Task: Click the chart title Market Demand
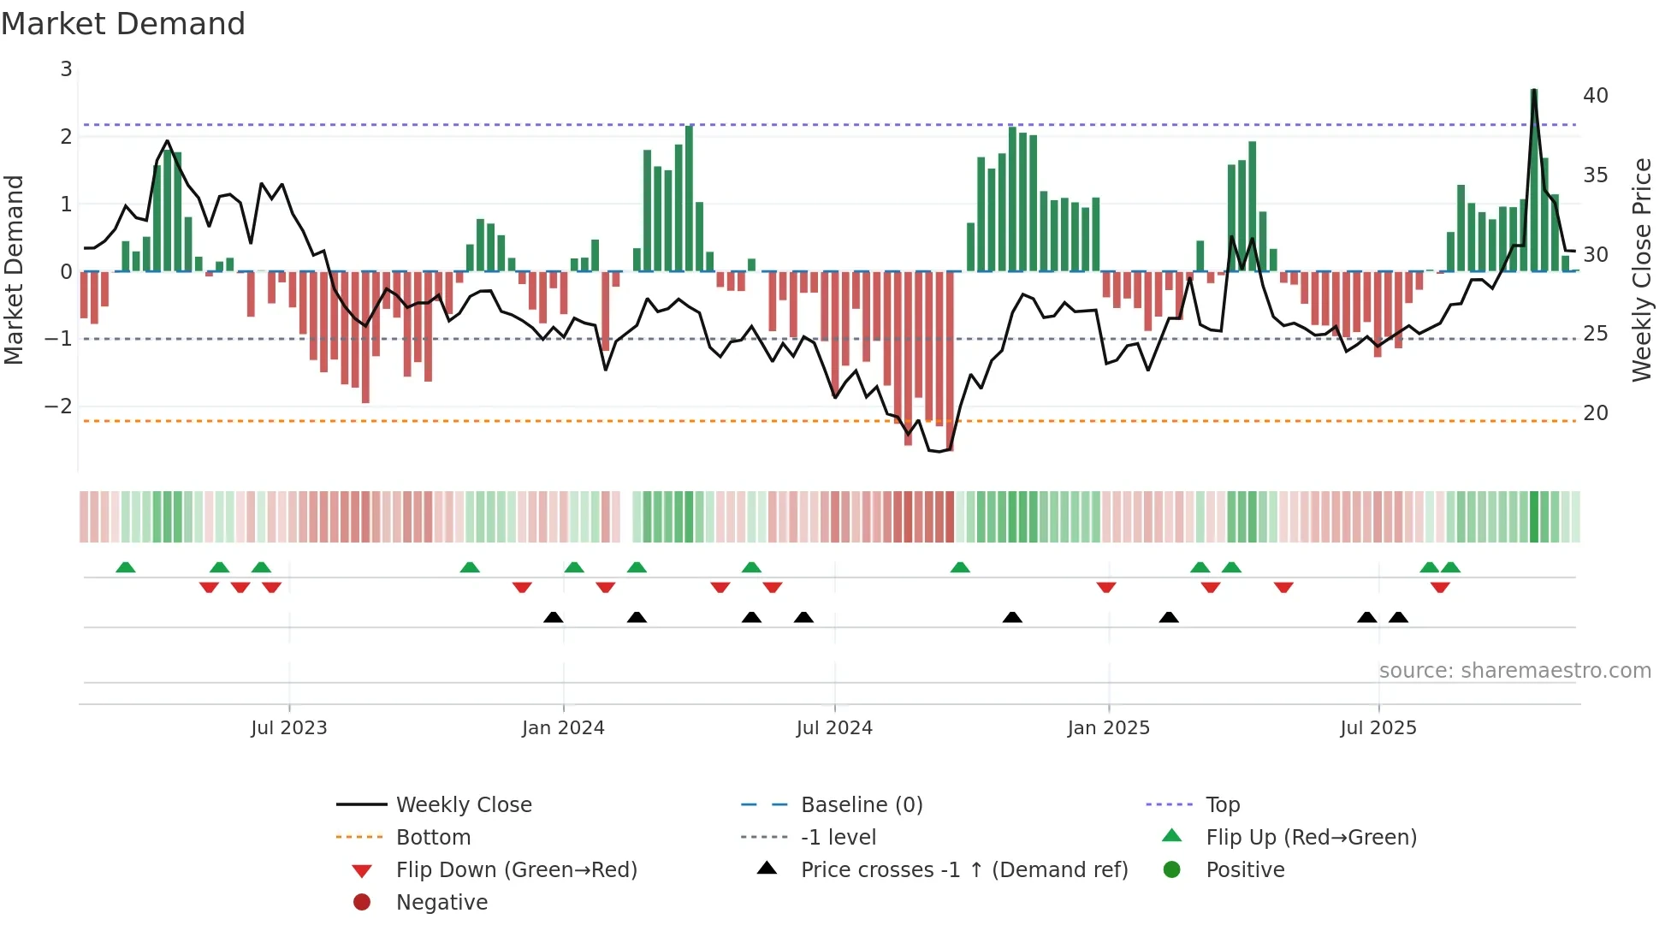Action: click(123, 24)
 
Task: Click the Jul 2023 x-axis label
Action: click(289, 728)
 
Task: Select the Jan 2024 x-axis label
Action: click(563, 728)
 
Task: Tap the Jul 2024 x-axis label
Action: click(834, 728)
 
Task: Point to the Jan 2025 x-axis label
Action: click(1109, 728)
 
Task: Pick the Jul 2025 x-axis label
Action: click(1378, 728)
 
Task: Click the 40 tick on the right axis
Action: click(1595, 95)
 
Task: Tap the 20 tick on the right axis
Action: click(1595, 413)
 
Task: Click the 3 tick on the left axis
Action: click(66, 69)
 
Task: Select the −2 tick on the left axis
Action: click(59, 406)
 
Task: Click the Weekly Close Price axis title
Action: click(1641, 270)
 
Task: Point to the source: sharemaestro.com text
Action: click(1514, 671)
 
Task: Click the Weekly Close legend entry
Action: click(463, 805)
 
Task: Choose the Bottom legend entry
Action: click(433, 838)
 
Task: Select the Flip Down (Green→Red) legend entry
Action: click(516, 870)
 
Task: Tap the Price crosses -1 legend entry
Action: click(963, 870)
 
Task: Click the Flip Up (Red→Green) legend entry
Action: click(1311, 838)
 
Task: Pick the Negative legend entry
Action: click(441, 903)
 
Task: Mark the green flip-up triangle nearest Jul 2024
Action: click(751, 567)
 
